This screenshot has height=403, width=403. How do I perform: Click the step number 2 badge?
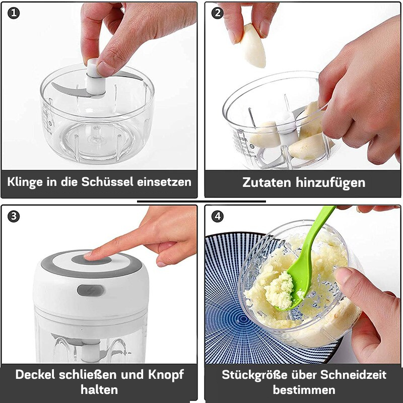(218, 14)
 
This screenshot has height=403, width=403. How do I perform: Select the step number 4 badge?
(218, 216)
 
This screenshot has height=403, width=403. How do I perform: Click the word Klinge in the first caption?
(25, 181)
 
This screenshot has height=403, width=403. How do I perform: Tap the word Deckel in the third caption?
(36, 375)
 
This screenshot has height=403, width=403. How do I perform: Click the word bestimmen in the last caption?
(304, 390)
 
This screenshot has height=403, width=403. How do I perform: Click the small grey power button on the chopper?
(91, 291)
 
